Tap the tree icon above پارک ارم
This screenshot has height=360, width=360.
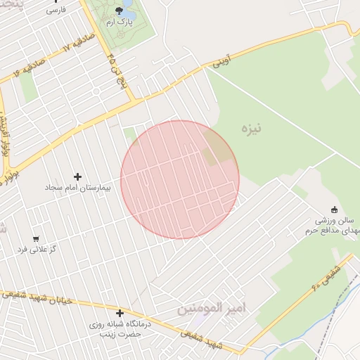119,11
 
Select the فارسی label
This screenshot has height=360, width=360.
56,11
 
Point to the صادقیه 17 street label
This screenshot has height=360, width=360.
57,50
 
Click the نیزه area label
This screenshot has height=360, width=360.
252,128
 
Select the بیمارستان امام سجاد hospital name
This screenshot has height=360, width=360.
75,188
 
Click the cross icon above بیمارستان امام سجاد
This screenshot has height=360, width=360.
77,176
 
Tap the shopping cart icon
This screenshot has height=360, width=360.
36,238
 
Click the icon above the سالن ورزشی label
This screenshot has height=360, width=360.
333,210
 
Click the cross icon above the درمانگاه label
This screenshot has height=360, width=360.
120,314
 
